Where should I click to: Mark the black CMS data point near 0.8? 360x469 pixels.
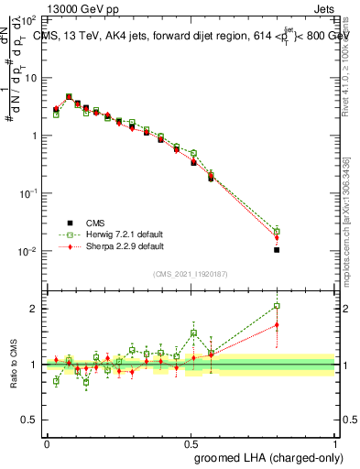point(277,249)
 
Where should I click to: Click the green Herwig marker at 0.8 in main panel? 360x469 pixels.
point(277,231)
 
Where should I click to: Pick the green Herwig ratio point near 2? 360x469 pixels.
point(277,306)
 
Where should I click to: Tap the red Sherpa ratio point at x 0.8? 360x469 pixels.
point(277,325)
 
